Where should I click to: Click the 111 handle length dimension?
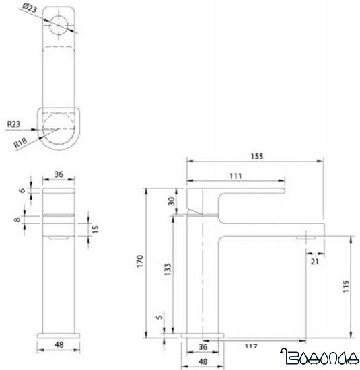[236, 175]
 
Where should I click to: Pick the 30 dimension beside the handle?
[170, 201]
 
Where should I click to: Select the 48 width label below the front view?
[59, 344]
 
